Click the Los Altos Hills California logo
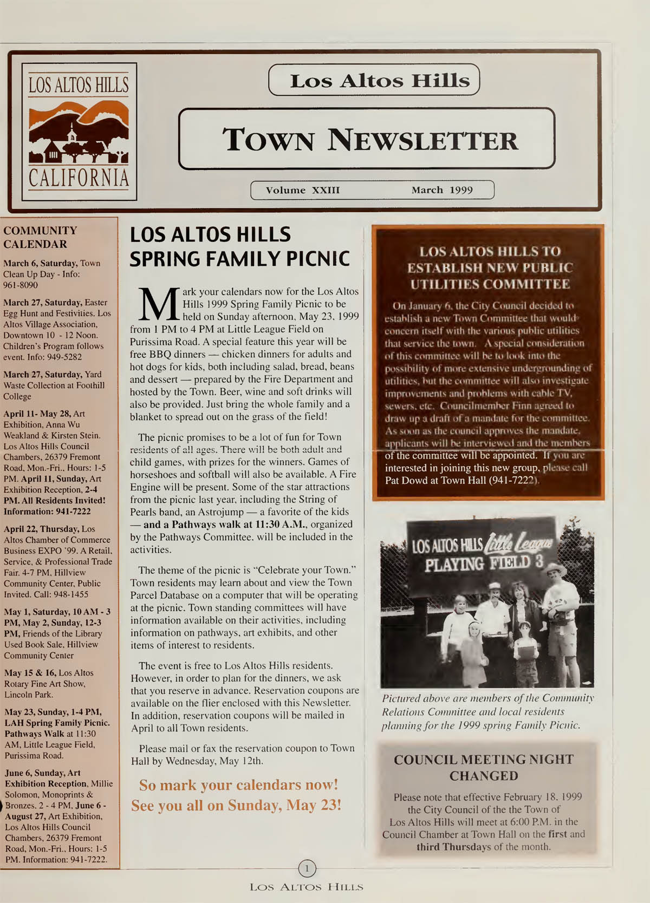point(79,132)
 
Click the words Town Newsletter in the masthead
point(370,139)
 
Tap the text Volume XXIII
point(303,190)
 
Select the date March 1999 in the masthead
point(442,190)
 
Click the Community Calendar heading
point(40,237)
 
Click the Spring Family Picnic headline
point(239,247)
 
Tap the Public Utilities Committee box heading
point(490,267)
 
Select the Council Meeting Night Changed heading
point(483,767)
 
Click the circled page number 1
point(307,869)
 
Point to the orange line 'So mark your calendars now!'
point(238,785)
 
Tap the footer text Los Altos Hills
point(306,887)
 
